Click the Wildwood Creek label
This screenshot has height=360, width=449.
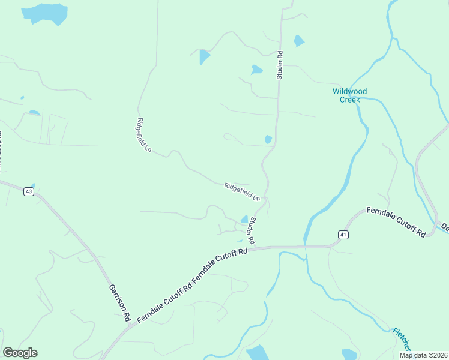[x=349, y=95]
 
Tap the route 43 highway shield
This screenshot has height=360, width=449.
[x=29, y=191]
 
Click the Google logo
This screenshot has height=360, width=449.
[x=20, y=353]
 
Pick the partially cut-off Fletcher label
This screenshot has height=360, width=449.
[x=402, y=340]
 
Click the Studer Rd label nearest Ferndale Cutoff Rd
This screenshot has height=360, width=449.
[x=253, y=230]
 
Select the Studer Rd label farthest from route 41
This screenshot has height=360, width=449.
[x=279, y=65]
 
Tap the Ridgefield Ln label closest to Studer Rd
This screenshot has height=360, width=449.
[x=243, y=191]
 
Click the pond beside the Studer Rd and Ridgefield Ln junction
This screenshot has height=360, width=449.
[x=244, y=219]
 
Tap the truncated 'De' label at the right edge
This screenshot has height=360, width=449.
[x=445, y=227]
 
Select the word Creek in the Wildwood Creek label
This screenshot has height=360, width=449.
[x=349, y=100]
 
